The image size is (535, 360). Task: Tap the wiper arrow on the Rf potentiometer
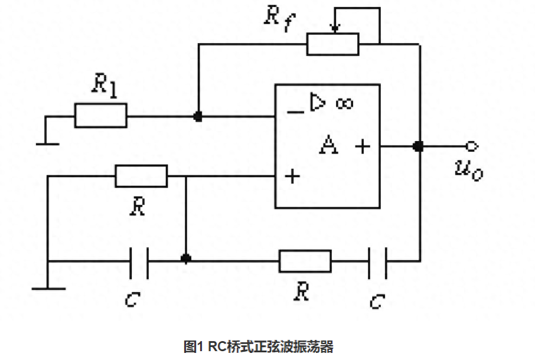(x=335, y=26)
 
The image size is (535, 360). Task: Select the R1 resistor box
(x=100, y=116)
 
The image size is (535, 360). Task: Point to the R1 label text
(x=103, y=86)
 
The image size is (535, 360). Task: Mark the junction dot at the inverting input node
(x=198, y=116)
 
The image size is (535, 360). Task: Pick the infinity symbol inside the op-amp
(x=344, y=104)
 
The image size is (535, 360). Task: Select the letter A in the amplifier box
(x=328, y=145)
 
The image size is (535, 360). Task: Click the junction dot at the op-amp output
(x=419, y=145)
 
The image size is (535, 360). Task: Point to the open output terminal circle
(x=471, y=145)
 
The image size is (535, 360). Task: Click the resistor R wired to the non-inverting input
(x=141, y=176)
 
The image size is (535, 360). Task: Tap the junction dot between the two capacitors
(x=186, y=259)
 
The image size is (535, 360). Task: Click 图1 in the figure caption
(x=194, y=346)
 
